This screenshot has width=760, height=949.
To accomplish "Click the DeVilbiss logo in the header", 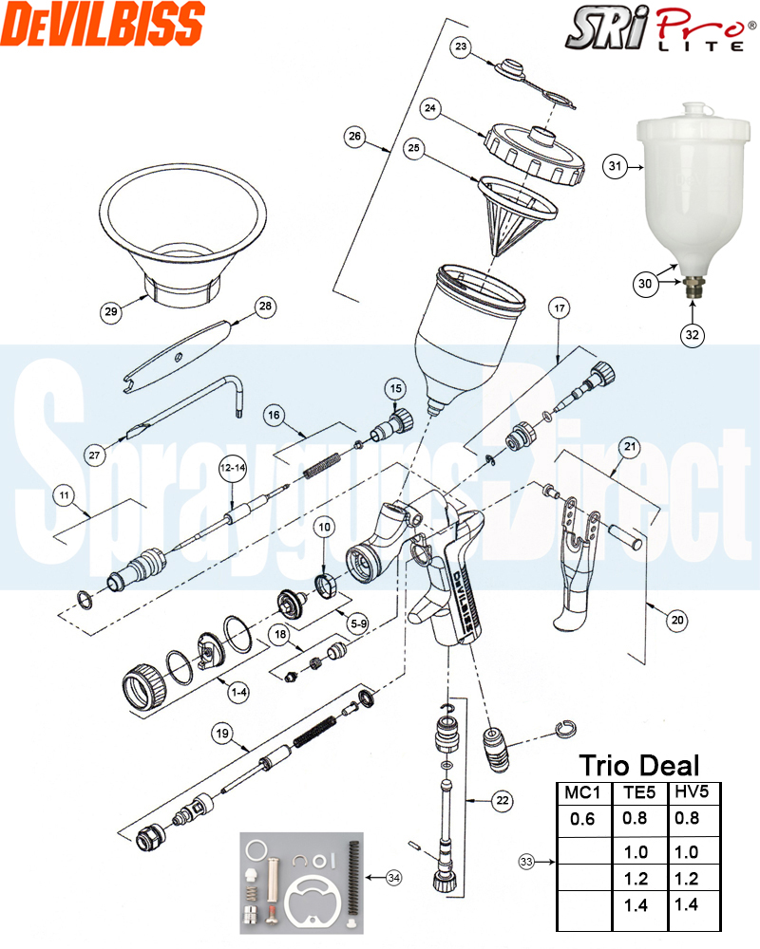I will tap(103, 23).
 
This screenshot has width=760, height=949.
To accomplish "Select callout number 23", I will tap(461, 47).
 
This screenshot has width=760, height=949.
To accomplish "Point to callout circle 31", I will tap(615, 167).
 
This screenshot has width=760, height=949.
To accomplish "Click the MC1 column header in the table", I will tap(581, 792).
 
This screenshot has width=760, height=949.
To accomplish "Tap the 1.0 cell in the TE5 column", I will tap(636, 852).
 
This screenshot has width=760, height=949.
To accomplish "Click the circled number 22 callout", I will tap(503, 801).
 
